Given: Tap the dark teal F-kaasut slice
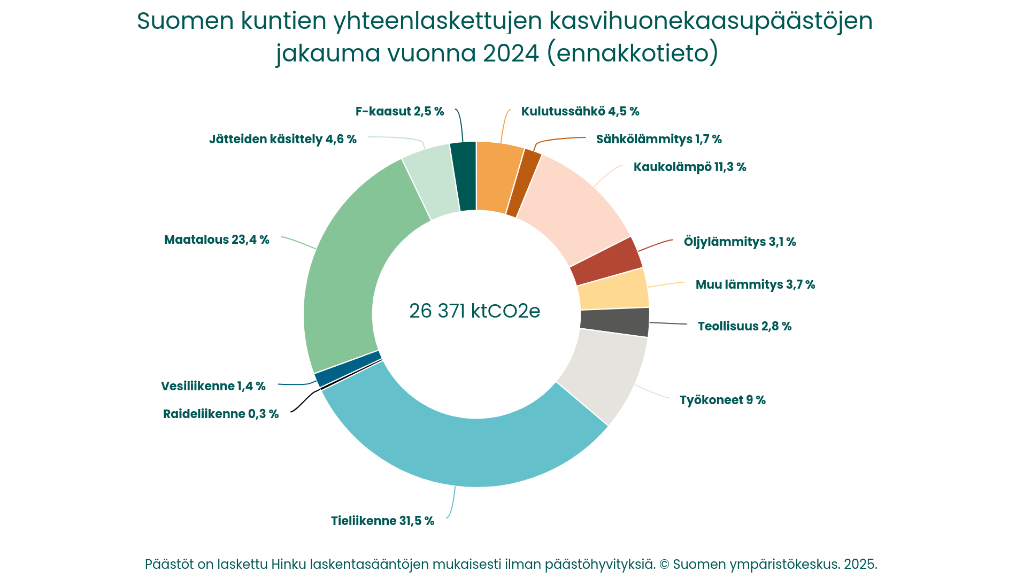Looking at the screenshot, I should [x=464, y=176].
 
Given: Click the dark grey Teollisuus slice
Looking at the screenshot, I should [x=614, y=322].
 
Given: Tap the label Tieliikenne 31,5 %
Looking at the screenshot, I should [x=382, y=521].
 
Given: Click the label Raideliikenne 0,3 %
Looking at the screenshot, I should [x=221, y=414].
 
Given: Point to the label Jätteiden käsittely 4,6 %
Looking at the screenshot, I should [x=283, y=139].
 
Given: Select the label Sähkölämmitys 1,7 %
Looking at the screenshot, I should [x=659, y=139].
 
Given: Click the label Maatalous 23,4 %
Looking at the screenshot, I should [x=217, y=240].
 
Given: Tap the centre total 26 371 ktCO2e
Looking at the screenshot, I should [x=475, y=311].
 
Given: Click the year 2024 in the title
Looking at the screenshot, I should [x=511, y=53].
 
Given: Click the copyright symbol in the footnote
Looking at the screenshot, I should [x=664, y=564].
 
